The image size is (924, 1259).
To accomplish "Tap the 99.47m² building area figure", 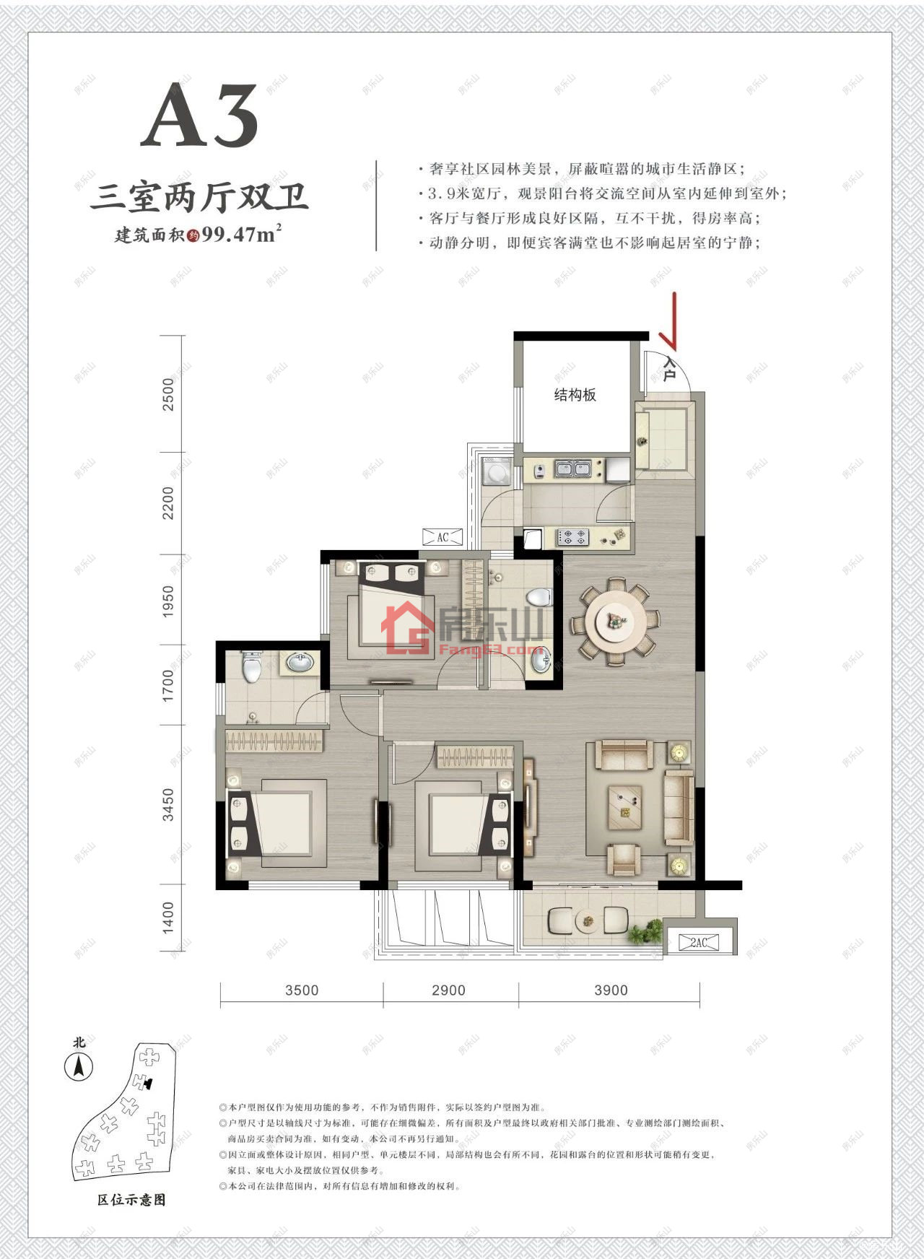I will pyautogui.click(x=242, y=235).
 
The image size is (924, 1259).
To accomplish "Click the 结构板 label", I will pyautogui.click(x=575, y=395).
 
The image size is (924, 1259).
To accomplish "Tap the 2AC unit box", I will pyautogui.click(x=698, y=942).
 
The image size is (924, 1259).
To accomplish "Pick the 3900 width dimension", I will pyautogui.click(x=611, y=990).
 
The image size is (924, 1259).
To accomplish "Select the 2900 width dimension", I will pyautogui.click(x=448, y=990).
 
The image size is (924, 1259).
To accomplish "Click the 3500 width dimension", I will pyautogui.click(x=301, y=990).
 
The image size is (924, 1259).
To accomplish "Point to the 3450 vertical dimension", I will pyautogui.click(x=169, y=804).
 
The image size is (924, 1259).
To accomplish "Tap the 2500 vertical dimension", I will pyautogui.click(x=169, y=394).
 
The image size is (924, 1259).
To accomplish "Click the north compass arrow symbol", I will pyautogui.click(x=79, y=1066).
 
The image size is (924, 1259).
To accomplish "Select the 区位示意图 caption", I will pyautogui.click(x=131, y=1199).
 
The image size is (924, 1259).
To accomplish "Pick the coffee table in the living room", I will pyautogui.click(x=625, y=802).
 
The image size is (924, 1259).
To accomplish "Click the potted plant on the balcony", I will pyautogui.click(x=646, y=932).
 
